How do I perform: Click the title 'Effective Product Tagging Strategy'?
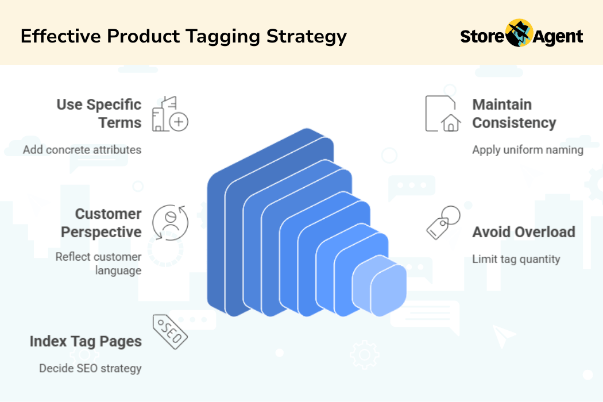click(x=183, y=37)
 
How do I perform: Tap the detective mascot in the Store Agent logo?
click(x=519, y=33)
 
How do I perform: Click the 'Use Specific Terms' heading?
click(x=99, y=114)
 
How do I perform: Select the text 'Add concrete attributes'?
click(x=82, y=150)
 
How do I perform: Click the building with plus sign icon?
click(x=170, y=114)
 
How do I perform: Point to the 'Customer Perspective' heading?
click(x=101, y=223)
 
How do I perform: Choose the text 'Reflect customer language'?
click(x=98, y=264)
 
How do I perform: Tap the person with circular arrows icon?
click(x=170, y=223)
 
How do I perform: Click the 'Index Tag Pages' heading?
click(x=86, y=342)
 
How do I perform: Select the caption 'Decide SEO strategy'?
click(x=90, y=369)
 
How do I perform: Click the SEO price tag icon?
click(x=170, y=331)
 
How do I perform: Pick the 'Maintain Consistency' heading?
click(x=514, y=114)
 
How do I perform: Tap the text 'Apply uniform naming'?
click(x=528, y=150)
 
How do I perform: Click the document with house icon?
click(x=443, y=114)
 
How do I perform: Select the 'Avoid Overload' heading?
click(x=524, y=232)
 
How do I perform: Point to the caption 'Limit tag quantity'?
click(x=516, y=259)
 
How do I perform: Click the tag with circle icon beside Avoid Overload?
click(x=443, y=223)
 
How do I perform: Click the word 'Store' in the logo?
click(x=482, y=37)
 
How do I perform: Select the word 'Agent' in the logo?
click(x=558, y=37)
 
